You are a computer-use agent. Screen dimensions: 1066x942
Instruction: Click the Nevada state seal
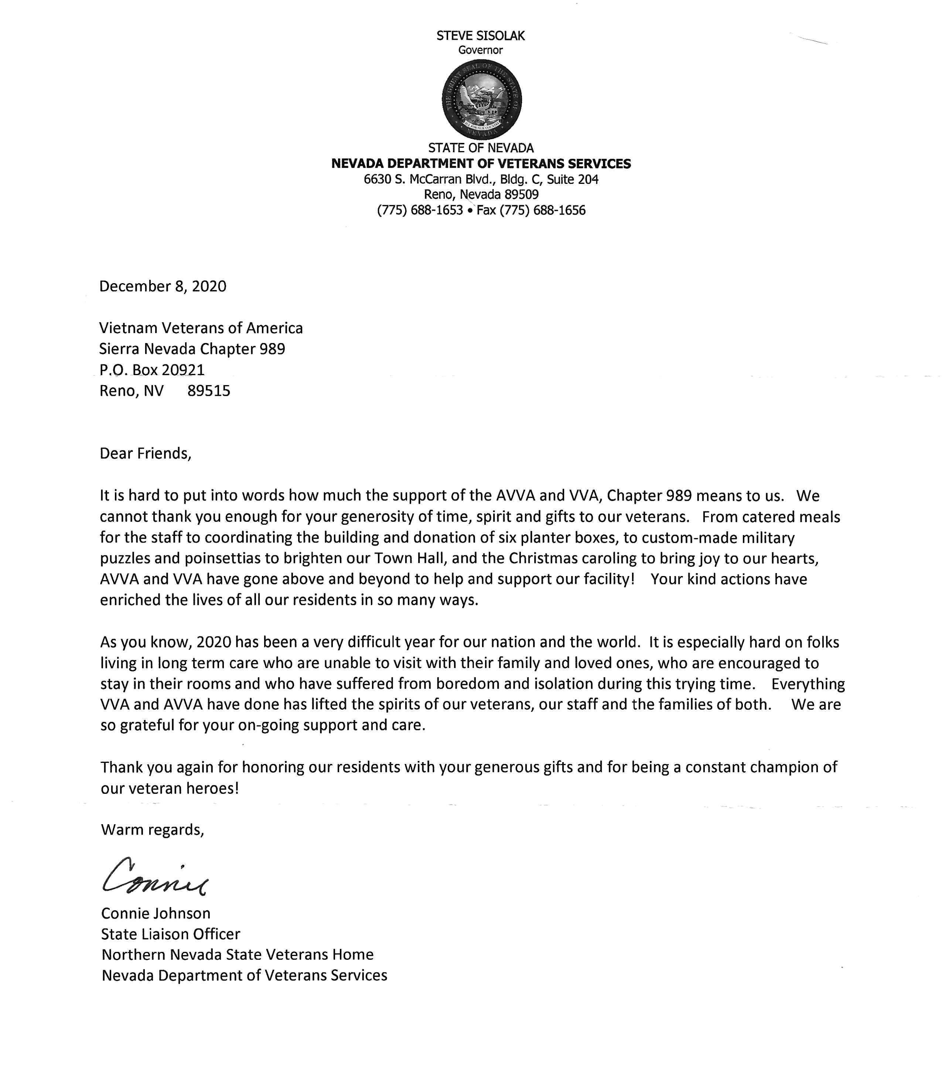click(481, 99)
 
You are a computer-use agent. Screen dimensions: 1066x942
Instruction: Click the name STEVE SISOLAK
click(481, 35)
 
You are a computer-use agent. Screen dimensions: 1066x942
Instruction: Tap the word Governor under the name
click(481, 50)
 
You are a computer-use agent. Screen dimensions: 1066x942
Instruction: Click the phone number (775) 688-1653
click(420, 210)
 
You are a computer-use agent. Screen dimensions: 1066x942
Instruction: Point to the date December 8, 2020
click(163, 286)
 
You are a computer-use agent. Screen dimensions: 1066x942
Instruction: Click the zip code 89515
click(209, 391)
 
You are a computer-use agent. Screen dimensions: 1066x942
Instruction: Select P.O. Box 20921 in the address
click(152, 370)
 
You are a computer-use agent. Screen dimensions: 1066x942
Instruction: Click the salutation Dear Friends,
click(146, 453)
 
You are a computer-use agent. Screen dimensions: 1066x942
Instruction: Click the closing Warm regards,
click(153, 830)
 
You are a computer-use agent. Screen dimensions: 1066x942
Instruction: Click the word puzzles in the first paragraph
click(125, 559)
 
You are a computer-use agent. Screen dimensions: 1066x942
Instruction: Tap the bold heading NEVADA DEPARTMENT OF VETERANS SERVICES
click(481, 164)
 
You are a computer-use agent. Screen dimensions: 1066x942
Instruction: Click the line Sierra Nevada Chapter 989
click(192, 349)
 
